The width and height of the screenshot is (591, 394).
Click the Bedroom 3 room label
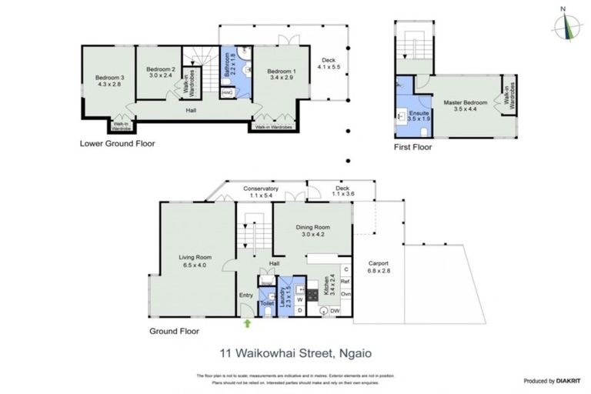pyautogui.click(x=109, y=80)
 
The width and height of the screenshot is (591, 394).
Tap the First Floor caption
pyautogui.click(x=412, y=147)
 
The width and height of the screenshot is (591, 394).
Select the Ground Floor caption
pyautogui.click(x=176, y=331)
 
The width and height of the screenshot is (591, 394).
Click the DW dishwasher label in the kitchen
pyautogui.click(x=335, y=311)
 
